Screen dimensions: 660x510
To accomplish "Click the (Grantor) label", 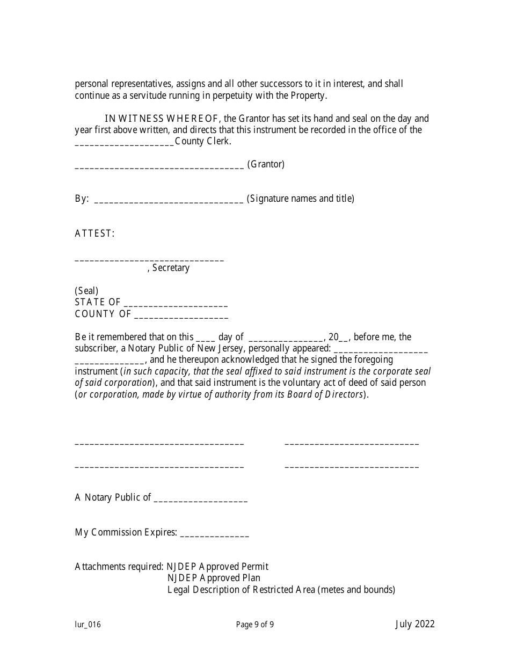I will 266,164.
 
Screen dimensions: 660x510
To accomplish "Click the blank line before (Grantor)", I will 159,167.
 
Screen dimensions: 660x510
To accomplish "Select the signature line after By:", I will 169,202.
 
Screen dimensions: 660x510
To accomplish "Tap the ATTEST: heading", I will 94,233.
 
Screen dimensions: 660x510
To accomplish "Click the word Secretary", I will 171,268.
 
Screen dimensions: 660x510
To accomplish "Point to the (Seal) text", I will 86,291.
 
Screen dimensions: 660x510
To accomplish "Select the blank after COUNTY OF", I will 181,317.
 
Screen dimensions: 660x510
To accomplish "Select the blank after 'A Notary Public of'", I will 201,501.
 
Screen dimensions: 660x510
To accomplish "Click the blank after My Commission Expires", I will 215,536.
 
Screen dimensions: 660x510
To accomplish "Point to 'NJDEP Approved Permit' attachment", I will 217,567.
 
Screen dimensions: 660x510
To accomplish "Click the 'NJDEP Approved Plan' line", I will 214,578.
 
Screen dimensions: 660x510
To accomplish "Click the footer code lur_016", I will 88,624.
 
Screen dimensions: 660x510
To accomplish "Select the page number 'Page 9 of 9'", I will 255,624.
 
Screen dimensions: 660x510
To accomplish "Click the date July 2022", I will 415,624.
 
